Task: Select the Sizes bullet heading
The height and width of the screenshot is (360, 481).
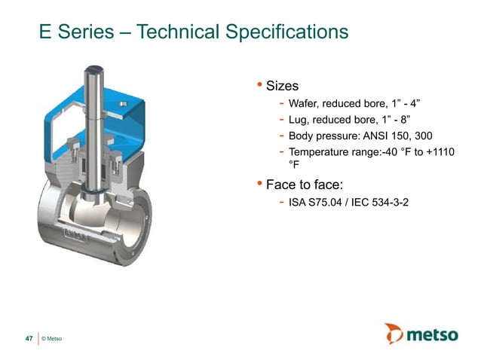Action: point(283,86)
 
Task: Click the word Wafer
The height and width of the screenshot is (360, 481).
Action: point(305,104)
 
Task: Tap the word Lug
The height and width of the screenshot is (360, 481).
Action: point(298,120)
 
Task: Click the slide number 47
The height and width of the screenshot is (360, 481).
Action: point(29,340)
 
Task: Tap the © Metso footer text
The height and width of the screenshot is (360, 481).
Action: point(52,340)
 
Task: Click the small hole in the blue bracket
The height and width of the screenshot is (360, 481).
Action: point(136,102)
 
